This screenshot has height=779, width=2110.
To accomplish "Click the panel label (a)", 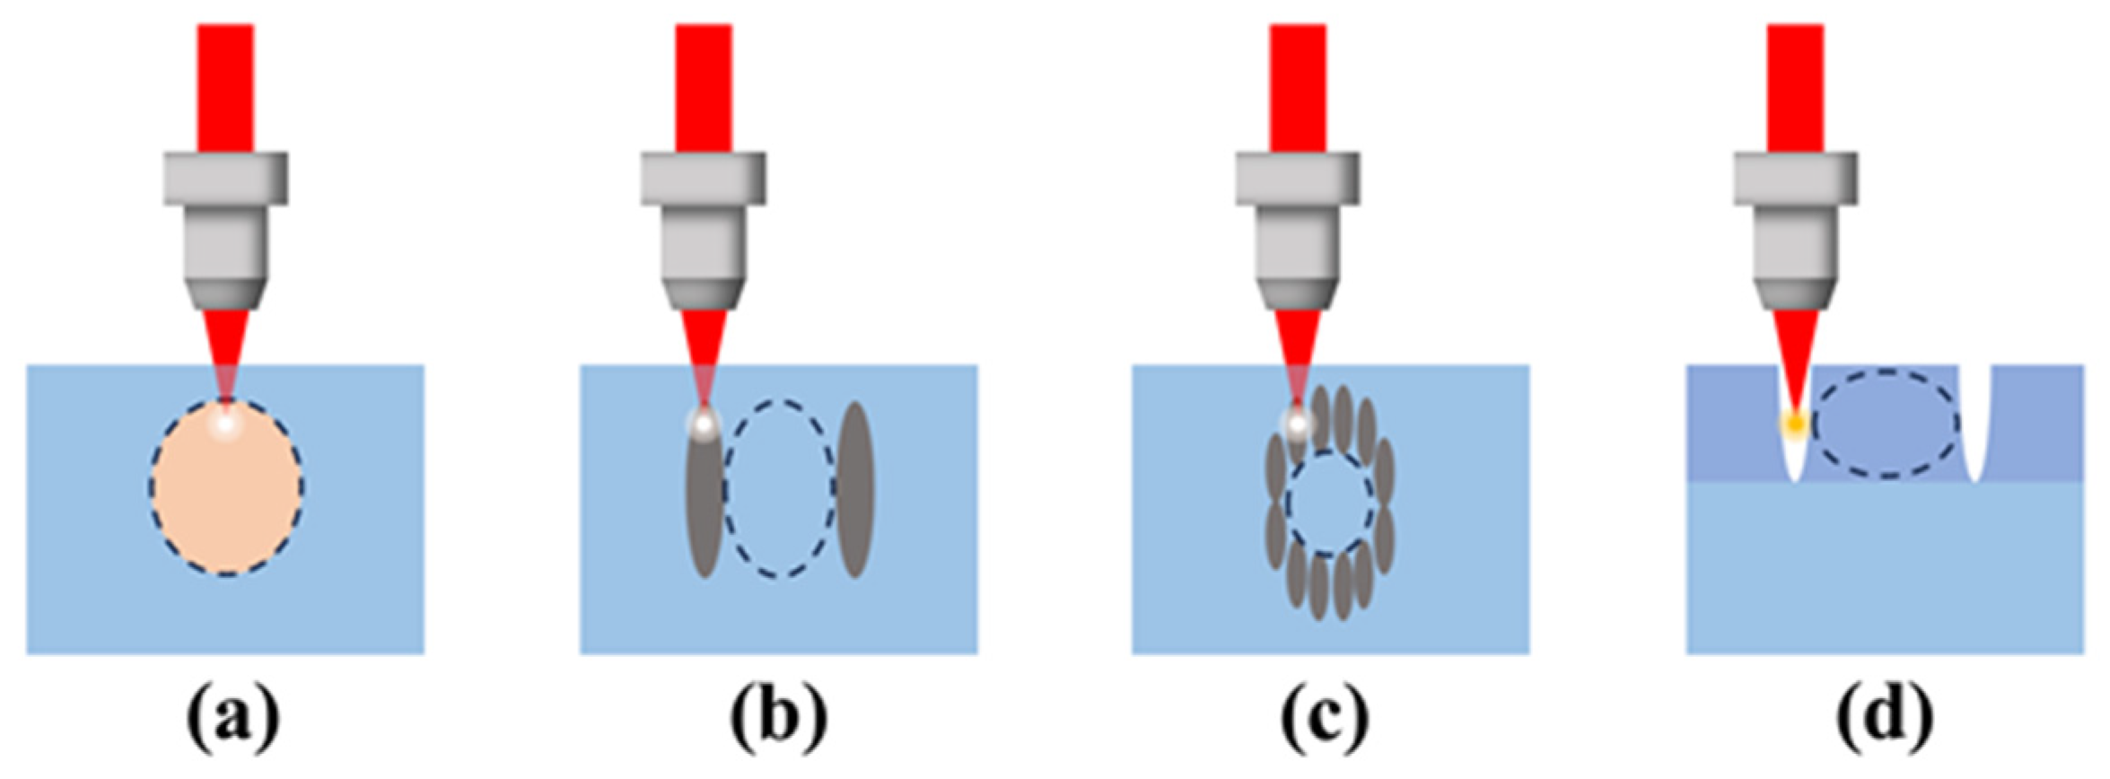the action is [232, 723].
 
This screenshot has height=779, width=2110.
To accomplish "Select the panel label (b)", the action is [778, 723].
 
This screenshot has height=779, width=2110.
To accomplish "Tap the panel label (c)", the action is [1326, 723].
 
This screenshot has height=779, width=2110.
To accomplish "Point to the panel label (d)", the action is [1884, 723].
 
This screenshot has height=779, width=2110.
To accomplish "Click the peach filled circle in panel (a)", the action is [226, 503].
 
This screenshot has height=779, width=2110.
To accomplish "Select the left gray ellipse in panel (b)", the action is [704, 507].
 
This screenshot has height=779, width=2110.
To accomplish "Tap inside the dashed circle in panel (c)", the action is [1329, 503].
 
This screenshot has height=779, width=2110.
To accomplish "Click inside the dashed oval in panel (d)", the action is [1885, 423].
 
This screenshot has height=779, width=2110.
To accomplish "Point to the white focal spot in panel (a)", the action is [224, 423].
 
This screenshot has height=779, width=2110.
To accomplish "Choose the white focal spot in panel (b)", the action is [704, 423].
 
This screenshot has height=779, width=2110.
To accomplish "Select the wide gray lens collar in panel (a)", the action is [225, 179].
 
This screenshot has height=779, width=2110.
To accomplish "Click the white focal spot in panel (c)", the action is [1297, 423].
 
